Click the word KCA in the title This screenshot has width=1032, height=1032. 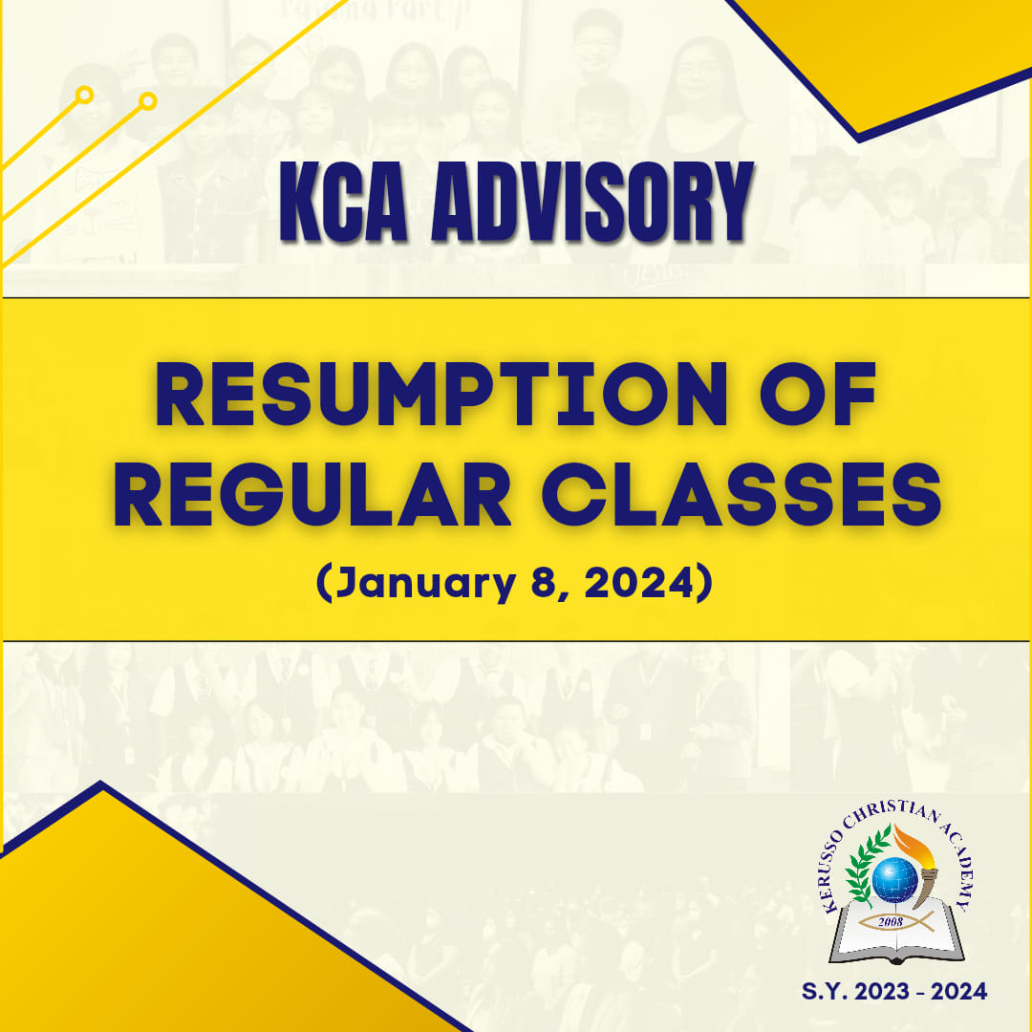(343, 202)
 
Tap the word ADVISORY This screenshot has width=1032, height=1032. (591, 202)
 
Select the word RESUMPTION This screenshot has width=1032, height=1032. (441, 395)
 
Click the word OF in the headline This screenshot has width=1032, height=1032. (818, 395)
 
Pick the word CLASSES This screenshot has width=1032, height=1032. (742, 495)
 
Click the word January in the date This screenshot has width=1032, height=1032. (425, 584)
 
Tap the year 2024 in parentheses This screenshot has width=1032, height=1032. (639, 583)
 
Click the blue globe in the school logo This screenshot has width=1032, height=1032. (894, 880)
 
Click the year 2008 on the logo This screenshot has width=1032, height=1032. (891, 922)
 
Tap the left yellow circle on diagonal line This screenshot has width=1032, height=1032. (84, 96)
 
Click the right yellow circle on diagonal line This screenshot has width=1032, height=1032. (147, 101)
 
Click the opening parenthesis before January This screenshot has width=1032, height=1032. (323, 583)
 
